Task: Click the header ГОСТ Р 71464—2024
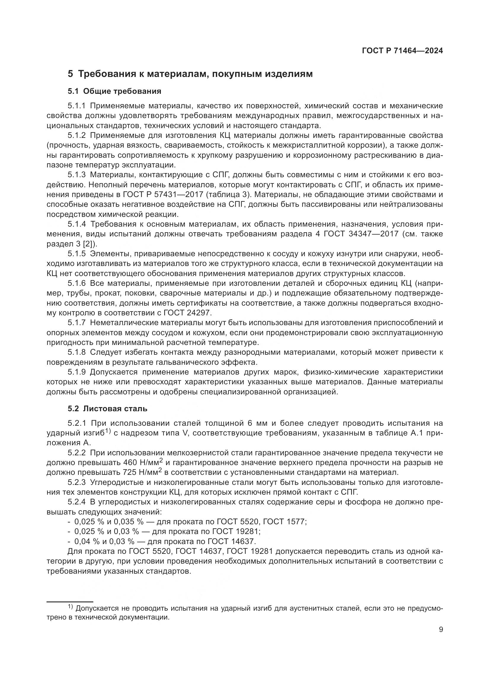[x=402, y=51]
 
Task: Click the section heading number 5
[x=70, y=74]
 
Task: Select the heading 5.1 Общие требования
[x=114, y=91]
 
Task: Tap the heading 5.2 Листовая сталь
[x=108, y=409]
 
